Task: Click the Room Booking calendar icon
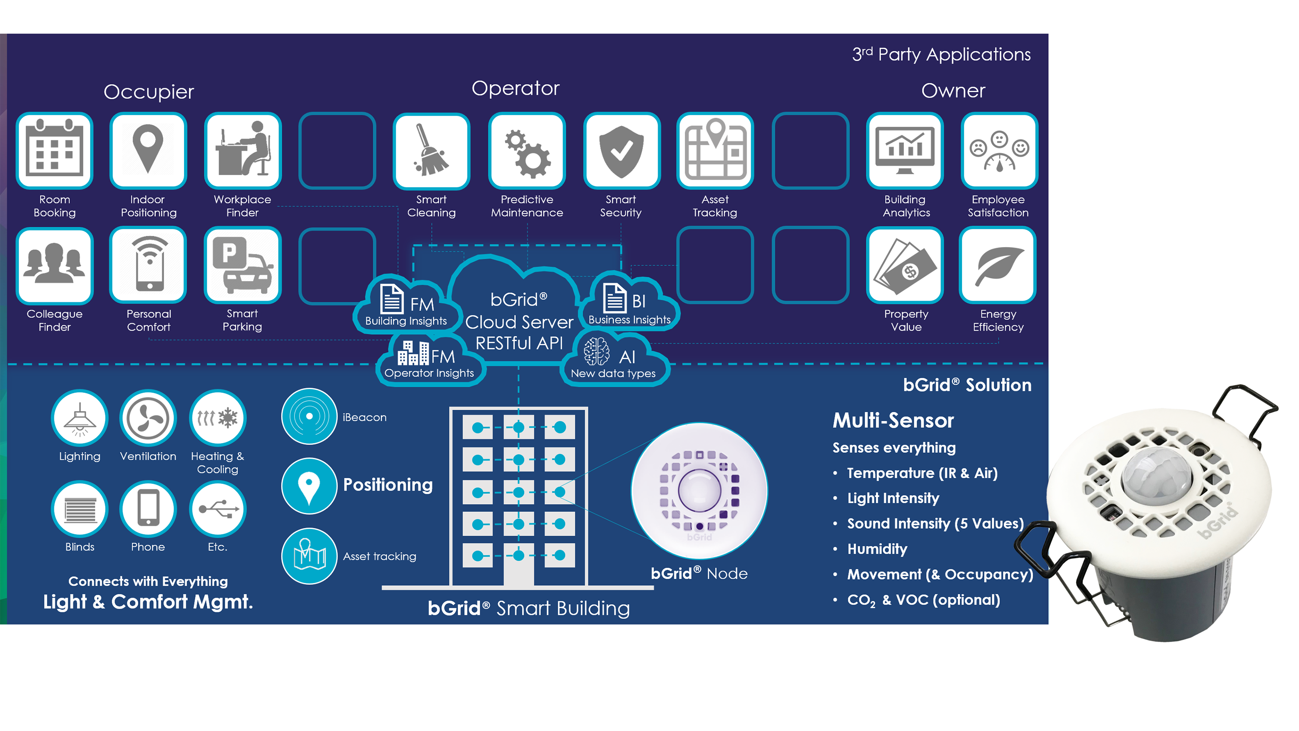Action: click(x=54, y=151)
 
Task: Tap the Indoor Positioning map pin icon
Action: click(x=148, y=151)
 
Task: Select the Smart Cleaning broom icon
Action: click(x=431, y=151)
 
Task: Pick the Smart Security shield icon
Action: click(x=621, y=151)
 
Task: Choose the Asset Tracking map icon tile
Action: click(x=715, y=151)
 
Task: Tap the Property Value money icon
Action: click(x=905, y=265)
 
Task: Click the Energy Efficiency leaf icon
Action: click(x=998, y=265)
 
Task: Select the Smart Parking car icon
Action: click(x=243, y=265)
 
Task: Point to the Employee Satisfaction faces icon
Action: click(x=999, y=151)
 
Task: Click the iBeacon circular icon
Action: click(x=309, y=416)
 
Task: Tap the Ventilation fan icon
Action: click(x=148, y=418)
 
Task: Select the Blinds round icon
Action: click(x=80, y=509)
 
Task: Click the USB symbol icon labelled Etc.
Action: click(x=218, y=509)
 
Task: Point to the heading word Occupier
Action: click(x=149, y=92)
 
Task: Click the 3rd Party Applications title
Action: click(x=941, y=54)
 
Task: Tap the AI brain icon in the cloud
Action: click(x=596, y=351)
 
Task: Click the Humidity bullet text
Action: click(x=877, y=549)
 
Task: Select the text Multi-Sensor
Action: click(x=893, y=420)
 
